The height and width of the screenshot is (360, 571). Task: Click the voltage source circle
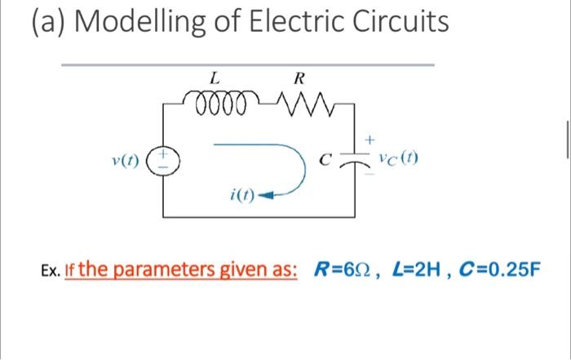pyautogui.click(x=162, y=156)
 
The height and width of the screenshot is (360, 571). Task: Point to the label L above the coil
pyautogui.click(x=214, y=79)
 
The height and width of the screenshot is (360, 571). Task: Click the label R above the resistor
pyautogui.click(x=298, y=79)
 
